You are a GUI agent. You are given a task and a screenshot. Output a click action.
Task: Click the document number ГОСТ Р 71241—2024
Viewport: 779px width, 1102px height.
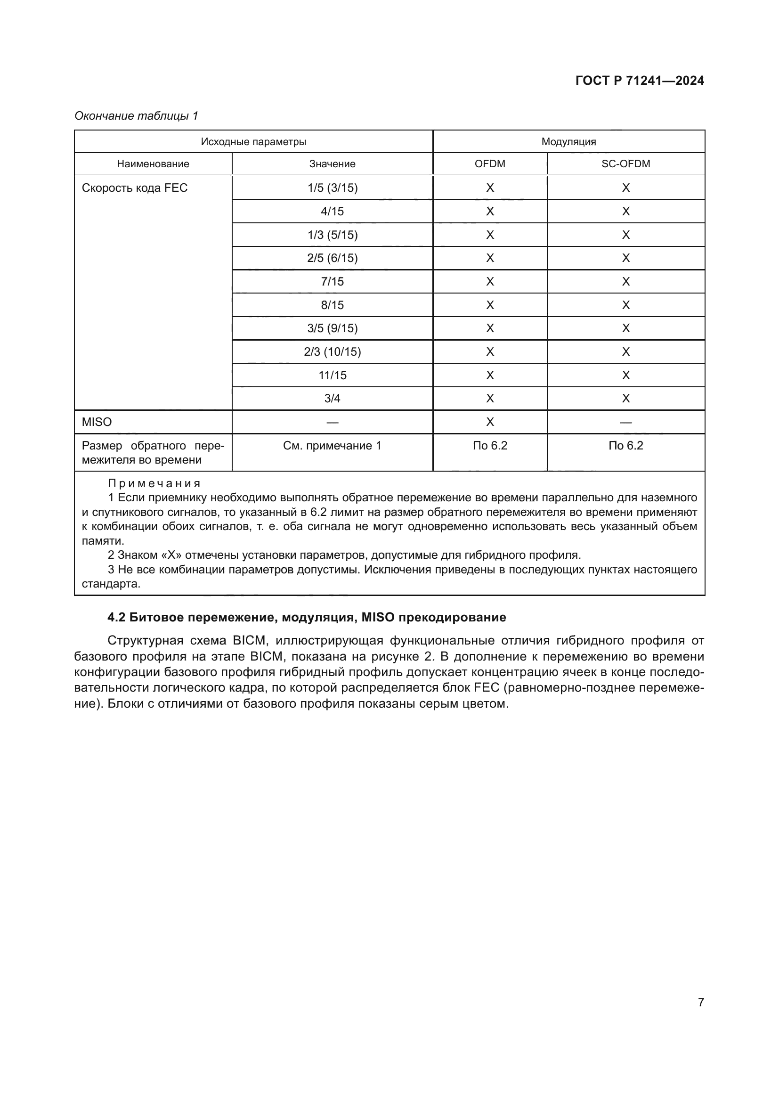[640, 81]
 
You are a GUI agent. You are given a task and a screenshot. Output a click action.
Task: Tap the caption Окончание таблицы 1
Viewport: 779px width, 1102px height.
[136, 116]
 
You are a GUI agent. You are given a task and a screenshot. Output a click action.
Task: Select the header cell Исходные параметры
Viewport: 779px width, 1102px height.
[253, 142]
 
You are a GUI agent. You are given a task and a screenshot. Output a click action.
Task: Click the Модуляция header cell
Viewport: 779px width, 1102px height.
[568, 142]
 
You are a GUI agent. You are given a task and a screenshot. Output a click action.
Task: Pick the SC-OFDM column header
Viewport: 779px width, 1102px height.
[625, 163]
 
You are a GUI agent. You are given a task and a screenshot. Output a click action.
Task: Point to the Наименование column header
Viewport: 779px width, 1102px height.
[153, 163]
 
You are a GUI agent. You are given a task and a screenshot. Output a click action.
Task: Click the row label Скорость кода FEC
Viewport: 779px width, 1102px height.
[134, 188]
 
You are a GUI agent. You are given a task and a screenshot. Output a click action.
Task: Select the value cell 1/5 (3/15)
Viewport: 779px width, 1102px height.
[333, 188]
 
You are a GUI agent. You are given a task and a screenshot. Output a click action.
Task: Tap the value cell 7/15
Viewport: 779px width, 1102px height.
[333, 281]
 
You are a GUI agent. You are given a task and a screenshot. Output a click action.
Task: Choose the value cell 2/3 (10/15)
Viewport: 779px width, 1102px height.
[333, 352]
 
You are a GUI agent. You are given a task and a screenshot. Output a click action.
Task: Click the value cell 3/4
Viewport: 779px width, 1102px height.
[333, 399]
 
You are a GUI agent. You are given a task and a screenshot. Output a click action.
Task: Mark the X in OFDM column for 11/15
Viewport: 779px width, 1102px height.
[490, 375]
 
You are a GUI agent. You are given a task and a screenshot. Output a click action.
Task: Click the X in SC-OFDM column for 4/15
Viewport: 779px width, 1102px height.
[625, 211]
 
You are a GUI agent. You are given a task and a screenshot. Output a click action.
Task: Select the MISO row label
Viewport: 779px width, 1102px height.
[97, 422]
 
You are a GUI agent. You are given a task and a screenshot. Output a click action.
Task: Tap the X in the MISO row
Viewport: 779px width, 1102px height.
[490, 422]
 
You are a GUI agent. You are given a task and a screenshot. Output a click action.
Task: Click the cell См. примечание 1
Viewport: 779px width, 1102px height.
[333, 446]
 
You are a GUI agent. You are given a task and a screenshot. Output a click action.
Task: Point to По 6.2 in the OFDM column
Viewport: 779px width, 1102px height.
[490, 446]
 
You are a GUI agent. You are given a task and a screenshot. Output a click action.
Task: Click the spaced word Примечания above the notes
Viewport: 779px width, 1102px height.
[154, 483]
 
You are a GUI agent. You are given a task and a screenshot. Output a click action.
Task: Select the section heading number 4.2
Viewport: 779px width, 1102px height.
[116, 617]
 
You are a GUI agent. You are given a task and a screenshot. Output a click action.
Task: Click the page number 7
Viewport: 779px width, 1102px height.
[701, 1002]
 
